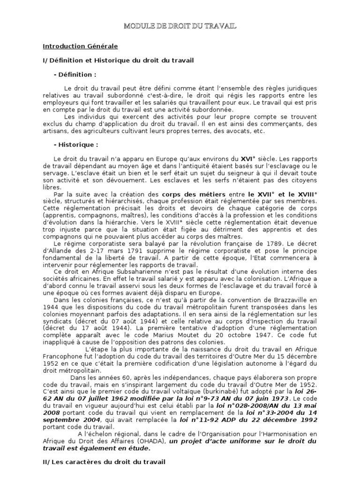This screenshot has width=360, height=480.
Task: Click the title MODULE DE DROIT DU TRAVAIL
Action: click(x=180, y=26)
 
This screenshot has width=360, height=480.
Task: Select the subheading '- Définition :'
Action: click(x=75, y=75)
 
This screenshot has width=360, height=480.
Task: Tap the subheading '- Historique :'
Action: click(x=76, y=145)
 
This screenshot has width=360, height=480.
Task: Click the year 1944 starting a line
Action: click(x=50, y=307)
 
